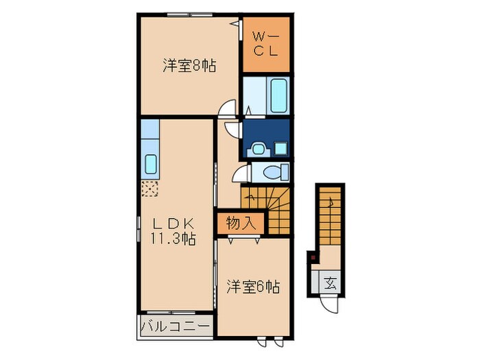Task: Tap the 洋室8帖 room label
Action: (189, 67)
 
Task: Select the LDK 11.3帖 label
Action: (173, 231)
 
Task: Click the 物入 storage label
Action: (235, 223)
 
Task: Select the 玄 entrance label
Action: (330, 283)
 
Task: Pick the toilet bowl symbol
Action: (275, 171)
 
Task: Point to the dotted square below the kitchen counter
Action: (150, 189)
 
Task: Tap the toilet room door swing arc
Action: (242, 173)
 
